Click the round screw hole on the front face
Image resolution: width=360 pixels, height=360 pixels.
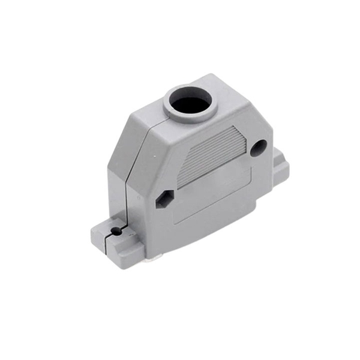(x=258, y=148)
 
